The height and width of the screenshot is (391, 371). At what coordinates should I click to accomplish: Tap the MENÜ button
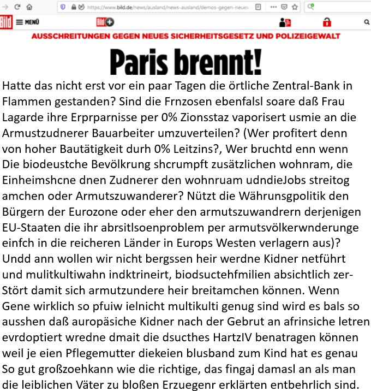tap(28, 22)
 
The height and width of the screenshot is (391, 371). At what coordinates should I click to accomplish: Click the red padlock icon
tap(327, 22)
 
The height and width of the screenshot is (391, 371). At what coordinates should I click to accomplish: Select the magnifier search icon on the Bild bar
tap(366, 22)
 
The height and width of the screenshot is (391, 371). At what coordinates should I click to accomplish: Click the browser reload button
tap(17, 7)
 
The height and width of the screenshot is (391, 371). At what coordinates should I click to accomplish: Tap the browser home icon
tap(29, 7)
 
